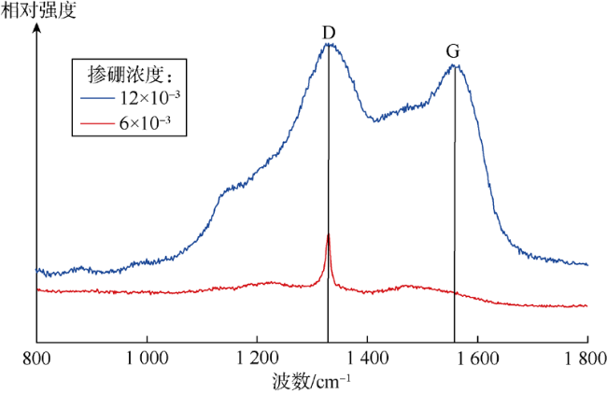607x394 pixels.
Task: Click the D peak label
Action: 329,34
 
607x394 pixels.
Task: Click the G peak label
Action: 454,50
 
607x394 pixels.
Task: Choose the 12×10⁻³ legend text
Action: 147,97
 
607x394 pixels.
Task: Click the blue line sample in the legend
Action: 97,98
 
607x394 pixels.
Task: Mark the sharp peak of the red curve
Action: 328,234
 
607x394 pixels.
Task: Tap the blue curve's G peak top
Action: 455,64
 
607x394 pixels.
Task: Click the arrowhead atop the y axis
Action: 36,27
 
